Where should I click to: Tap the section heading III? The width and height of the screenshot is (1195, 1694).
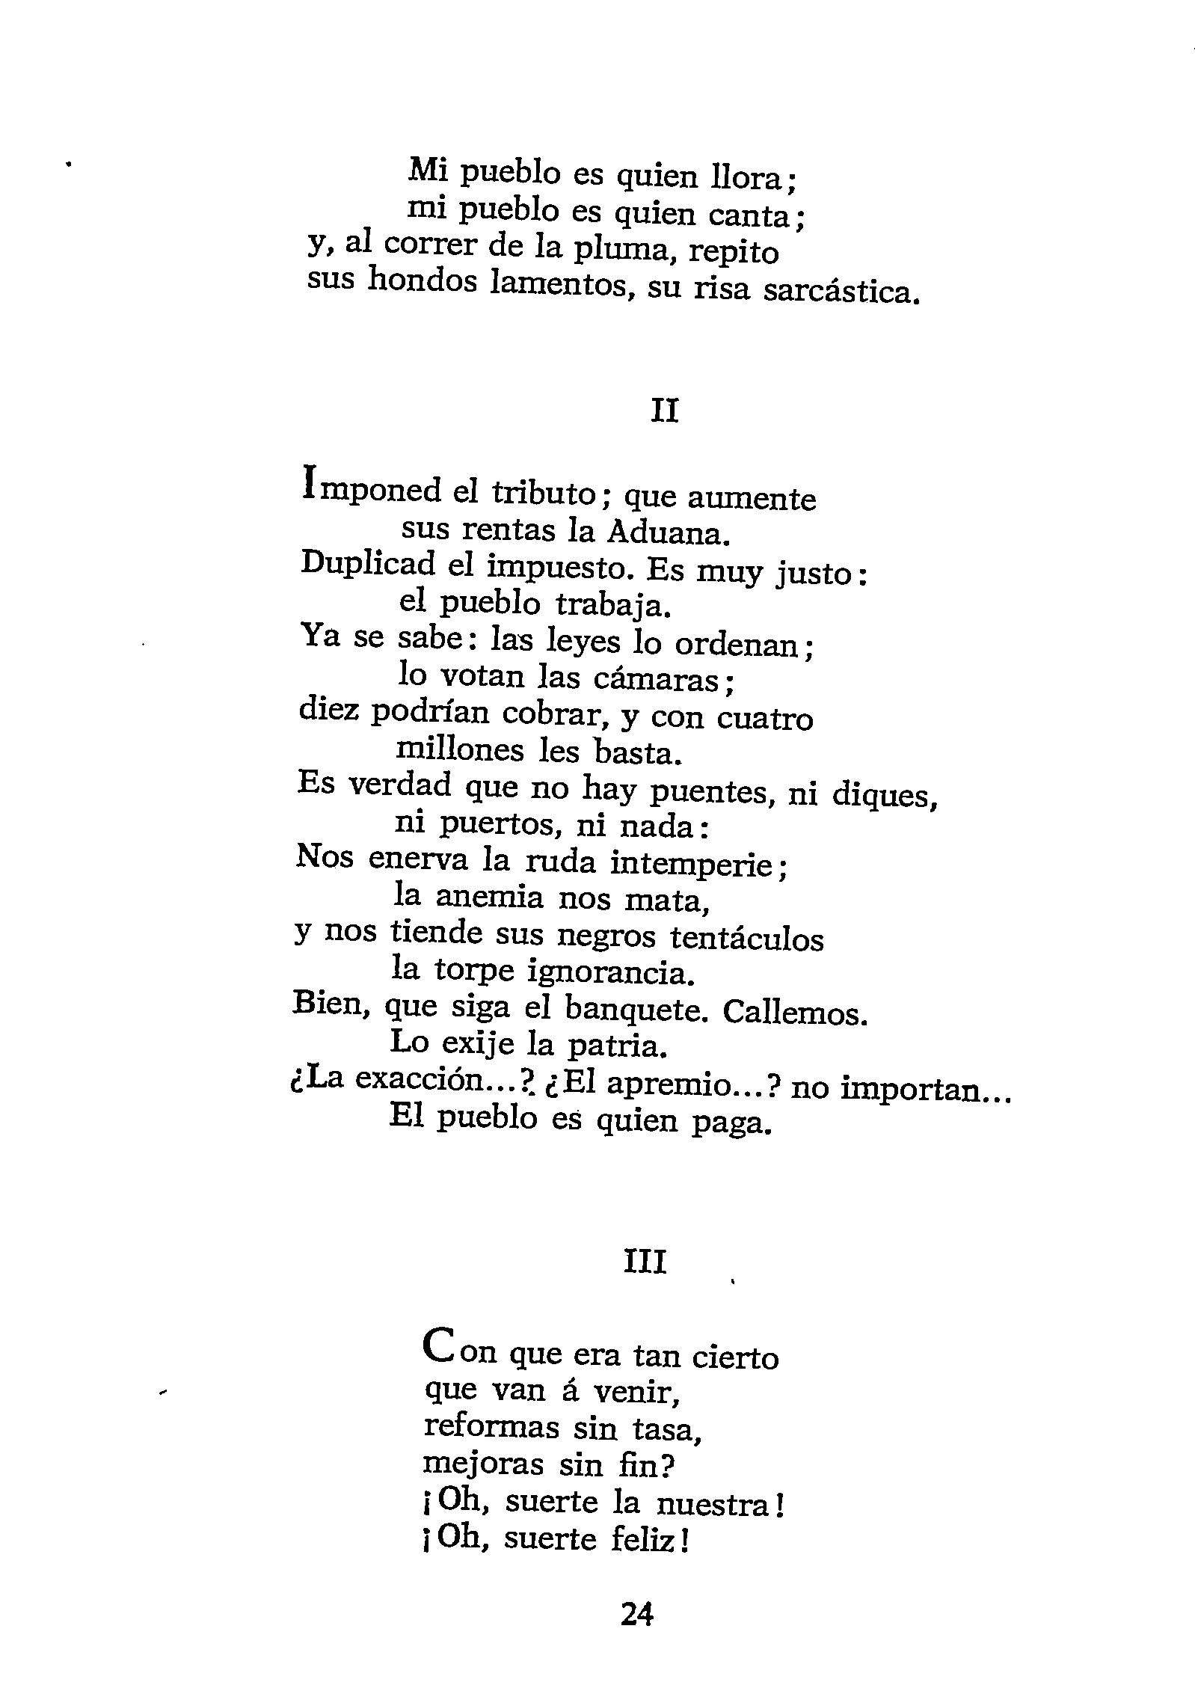[x=644, y=1263]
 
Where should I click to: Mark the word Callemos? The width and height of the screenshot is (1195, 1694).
[x=794, y=1013]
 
